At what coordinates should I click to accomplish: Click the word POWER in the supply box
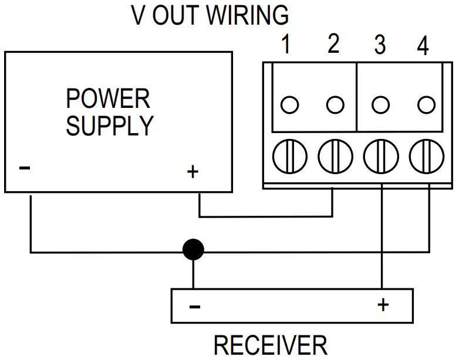(x=108, y=99)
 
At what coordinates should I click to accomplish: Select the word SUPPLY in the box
(x=110, y=125)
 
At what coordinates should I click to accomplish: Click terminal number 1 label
(x=286, y=45)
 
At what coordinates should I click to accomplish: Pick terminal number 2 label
(x=333, y=45)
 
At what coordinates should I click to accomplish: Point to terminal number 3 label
(x=380, y=45)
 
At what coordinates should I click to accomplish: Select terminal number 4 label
(x=422, y=46)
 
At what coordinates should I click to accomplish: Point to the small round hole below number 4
(x=426, y=105)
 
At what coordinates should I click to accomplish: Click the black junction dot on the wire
(x=193, y=250)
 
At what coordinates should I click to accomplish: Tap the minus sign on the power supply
(x=25, y=168)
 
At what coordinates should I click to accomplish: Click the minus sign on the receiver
(x=195, y=307)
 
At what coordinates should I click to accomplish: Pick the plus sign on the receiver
(x=383, y=304)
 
